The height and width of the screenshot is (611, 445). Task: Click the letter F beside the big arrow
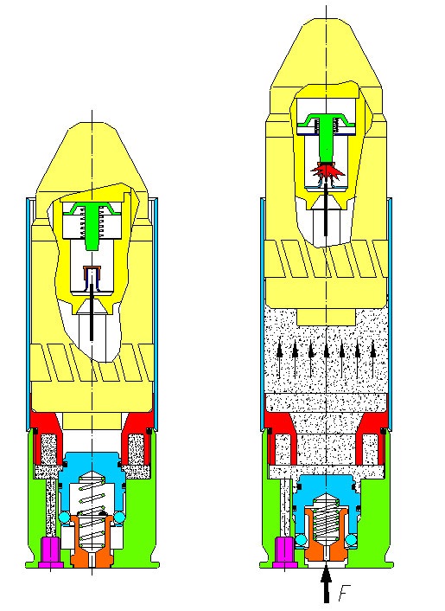(343, 593)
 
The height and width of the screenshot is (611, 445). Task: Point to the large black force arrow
(327, 584)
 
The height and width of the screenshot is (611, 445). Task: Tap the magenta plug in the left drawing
(51, 552)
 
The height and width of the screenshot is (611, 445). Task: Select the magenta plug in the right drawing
(286, 552)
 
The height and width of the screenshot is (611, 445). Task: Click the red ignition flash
(327, 170)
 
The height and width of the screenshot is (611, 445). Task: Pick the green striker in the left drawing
(92, 225)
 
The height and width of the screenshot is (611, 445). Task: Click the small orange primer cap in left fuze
(92, 269)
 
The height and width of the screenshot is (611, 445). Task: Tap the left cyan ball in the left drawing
(65, 518)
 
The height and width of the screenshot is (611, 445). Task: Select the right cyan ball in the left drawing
(119, 518)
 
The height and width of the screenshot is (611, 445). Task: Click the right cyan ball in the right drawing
(351, 540)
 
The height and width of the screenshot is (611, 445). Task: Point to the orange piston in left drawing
(92, 542)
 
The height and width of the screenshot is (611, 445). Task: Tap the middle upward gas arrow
(327, 359)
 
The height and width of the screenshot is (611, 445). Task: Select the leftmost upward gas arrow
(279, 359)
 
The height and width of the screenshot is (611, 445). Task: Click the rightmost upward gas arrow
(373, 359)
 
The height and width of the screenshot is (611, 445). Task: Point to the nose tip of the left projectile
(92, 123)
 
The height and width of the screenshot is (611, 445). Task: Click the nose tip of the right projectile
(327, 20)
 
